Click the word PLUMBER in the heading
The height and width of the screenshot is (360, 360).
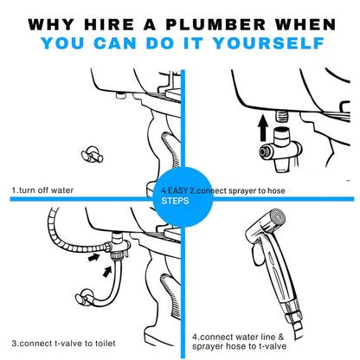[215, 24]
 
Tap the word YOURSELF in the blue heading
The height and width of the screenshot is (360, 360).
[268, 43]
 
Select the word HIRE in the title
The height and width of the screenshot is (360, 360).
[109, 24]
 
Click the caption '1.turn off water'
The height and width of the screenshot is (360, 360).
[42, 190]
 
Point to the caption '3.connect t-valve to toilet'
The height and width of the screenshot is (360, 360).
[63, 344]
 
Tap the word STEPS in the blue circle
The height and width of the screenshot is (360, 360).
[175, 201]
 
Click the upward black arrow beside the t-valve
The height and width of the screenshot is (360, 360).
[263, 128]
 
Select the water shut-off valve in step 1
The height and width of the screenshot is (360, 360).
[92, 154]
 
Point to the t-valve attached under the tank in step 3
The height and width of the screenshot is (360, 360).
[119, 245]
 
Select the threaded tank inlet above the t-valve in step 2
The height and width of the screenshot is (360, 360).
[282, 117]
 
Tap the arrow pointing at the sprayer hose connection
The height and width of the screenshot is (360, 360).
[94, 257]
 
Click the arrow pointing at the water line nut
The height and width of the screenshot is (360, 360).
[107, 272]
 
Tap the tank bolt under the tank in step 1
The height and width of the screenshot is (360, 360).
[120, 94]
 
